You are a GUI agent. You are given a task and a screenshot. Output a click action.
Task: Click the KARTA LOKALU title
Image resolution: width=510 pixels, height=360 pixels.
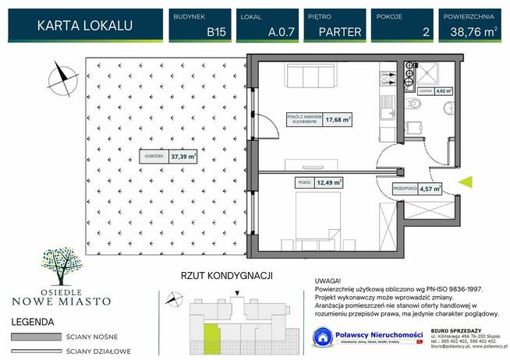click(x=85, y=25)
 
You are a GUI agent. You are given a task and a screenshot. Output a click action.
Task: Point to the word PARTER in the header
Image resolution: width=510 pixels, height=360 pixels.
click(x=339, y=32)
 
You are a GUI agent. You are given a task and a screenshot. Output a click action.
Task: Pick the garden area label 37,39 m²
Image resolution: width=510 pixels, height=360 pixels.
click(x=184, y=156)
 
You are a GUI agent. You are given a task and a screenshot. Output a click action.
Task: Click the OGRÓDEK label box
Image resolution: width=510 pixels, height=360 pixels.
click(x=154, y=156)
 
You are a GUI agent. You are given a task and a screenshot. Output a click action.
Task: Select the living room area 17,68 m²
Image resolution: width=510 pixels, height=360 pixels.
click(x=338, y=120)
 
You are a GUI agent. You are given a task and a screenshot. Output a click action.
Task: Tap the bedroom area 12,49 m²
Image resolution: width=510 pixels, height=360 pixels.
click(x=329, y=183)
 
